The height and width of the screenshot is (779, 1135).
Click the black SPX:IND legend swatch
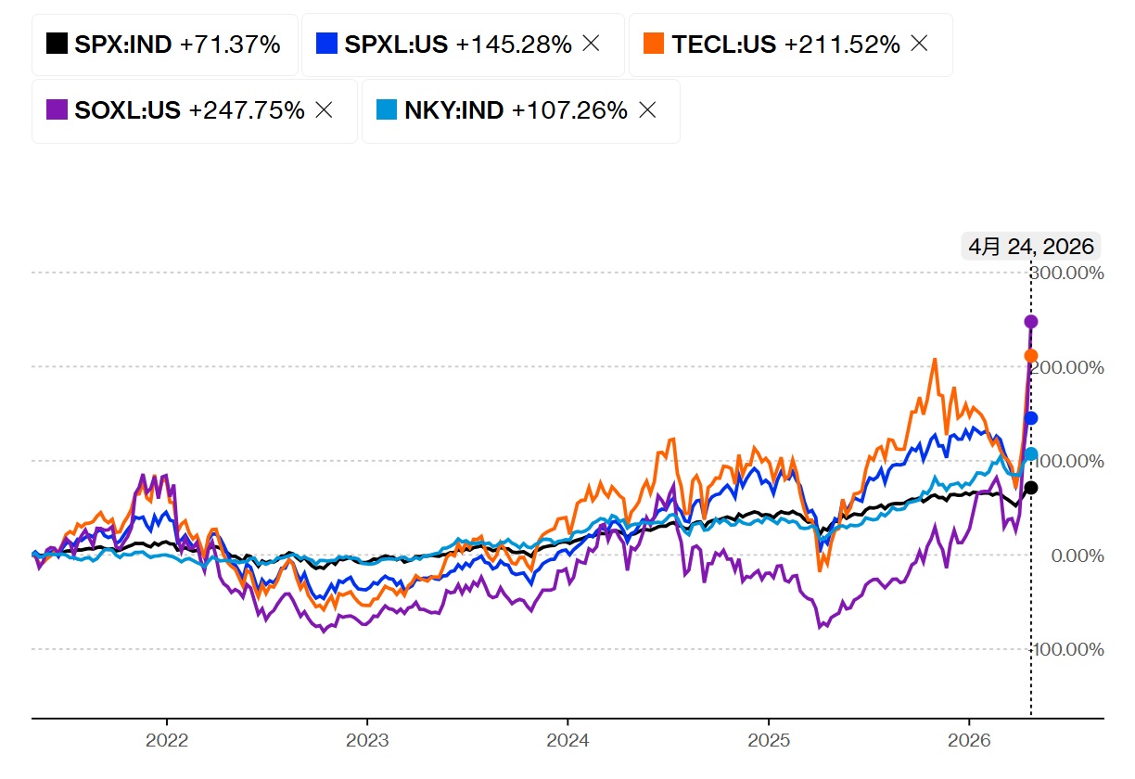coord(57,44)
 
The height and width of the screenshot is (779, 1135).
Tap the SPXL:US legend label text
coord(396,44)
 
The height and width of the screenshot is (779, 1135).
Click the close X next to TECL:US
coord(919,44)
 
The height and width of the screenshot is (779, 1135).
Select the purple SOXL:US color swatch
coord(57,109)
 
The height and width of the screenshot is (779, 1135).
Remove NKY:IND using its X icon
coord(648,109)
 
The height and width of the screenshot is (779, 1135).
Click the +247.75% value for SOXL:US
coord(247,109)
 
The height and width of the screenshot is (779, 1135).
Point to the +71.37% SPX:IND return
coord(230,44)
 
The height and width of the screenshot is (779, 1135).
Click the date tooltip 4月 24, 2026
coord(1031,247)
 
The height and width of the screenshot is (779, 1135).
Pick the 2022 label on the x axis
coord(167,742)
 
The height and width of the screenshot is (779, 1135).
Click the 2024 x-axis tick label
coord(567,742)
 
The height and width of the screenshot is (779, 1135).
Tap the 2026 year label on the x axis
coord(969,742)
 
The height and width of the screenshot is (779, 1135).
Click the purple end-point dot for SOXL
coord(1031,322)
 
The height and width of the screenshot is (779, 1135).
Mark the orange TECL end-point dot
coord(1031,355)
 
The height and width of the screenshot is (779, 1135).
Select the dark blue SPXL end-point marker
coord(1031,418)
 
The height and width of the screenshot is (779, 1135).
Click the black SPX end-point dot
coord(1031,488)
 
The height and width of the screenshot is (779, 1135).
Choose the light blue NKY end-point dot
coord(1031,453)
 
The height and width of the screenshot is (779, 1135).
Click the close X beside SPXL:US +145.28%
coord(591,44)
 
